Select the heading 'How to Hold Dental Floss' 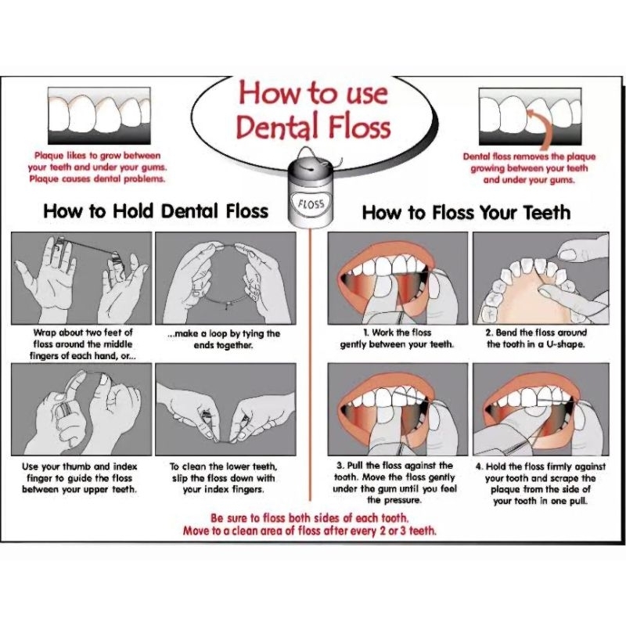coord(156,210)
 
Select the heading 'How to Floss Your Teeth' coord(466,212)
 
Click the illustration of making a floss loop coord(225,278)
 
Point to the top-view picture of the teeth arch coord(541,278)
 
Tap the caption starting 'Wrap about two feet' coord(83,344)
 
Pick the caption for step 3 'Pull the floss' coord(394,483)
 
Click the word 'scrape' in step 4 coord(564,478)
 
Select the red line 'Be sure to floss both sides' coord(310,518)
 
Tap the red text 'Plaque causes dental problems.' coord(97,178)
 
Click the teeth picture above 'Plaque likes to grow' coord(99,116)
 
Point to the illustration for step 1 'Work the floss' coord(398,278)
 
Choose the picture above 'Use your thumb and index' coord(81,409)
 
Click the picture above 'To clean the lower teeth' coord(225,409)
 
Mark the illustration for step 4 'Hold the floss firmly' coord(541,409)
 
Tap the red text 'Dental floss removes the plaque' coord(529,156)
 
